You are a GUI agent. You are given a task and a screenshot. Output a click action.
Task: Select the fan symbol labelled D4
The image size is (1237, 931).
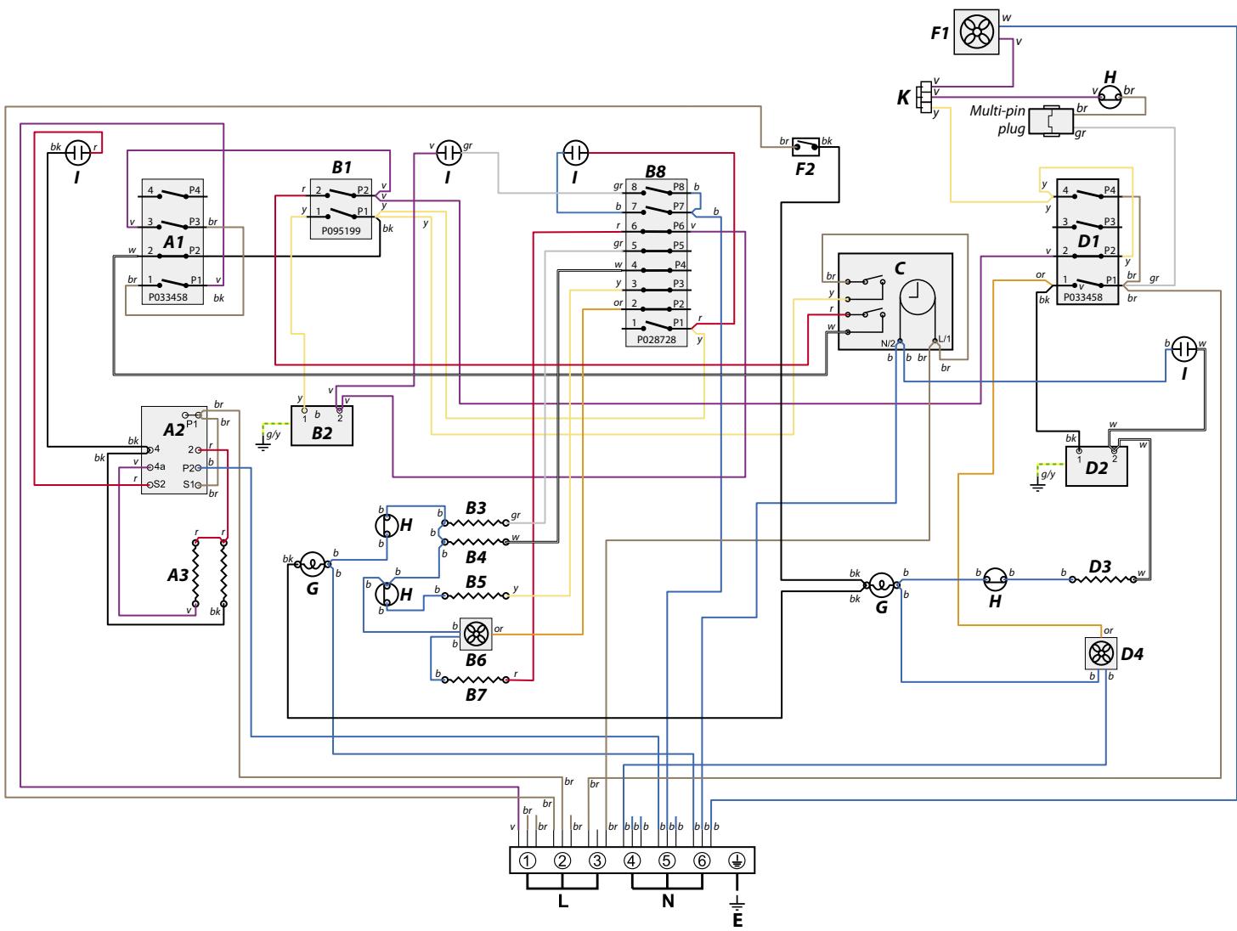[x=1102, y=653]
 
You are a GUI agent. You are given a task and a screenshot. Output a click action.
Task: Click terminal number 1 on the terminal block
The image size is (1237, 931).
[x=528, y=860]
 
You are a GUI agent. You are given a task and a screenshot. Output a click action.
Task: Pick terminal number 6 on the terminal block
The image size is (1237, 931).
[x=702, y=860]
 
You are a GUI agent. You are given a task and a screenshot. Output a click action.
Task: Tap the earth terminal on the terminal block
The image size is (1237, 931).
[x=737, y=860]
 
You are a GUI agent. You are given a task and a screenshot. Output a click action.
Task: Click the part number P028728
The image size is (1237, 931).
[x=657, y=339]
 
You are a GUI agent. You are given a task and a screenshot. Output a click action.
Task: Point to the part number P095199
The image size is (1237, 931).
[x=342, y=229]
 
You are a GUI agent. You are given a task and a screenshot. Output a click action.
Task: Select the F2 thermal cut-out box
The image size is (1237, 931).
[x=805, y=147]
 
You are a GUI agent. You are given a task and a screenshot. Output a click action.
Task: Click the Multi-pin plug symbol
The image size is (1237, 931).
[x=1050, y=121]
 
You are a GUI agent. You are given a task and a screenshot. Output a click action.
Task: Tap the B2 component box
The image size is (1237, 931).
[x=321, y=426]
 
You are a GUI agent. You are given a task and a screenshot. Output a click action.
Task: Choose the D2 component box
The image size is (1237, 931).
[x=1096, y=465]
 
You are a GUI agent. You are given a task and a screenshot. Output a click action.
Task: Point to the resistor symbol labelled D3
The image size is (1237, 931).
[x=1102, y=579]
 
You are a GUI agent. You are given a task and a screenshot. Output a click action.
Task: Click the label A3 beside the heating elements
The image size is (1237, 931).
[x=178, y=575]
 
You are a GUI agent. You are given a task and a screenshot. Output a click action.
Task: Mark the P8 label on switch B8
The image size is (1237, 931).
[x=679, y=185]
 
